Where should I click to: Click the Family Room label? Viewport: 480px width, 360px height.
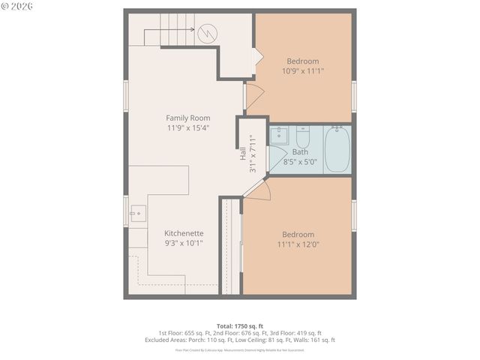pyautogui.click(x=187, y=118)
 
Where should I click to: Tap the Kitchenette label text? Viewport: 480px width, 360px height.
pyautogui.click(x=184, y=233)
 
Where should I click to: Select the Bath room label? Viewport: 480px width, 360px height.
pyautogui.click(x=300, y=151)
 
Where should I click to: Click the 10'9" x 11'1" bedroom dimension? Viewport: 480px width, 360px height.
pyautogui.click(x=303, y=71)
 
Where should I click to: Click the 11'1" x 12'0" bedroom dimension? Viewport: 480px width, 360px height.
pyautogui.click(x=298, y=244)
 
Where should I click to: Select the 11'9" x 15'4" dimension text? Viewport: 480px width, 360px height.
pyautogui.click(x=187, y=127)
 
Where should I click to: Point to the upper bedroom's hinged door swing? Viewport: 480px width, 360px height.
pyautogui.click(x=254, y=94)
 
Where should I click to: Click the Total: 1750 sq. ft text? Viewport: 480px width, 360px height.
pyautogui.click(x=239, y=325)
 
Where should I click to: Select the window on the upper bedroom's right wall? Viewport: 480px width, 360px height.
pyautogui.click(x=354, y=96)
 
